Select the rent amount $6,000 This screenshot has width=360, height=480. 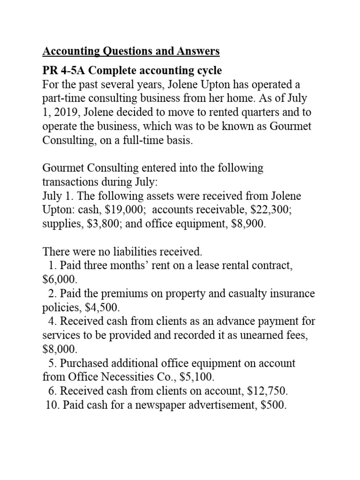pyautogui.click(x=59, y=280)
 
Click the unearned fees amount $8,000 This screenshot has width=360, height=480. pyautogui.click(x=59, y=349)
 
